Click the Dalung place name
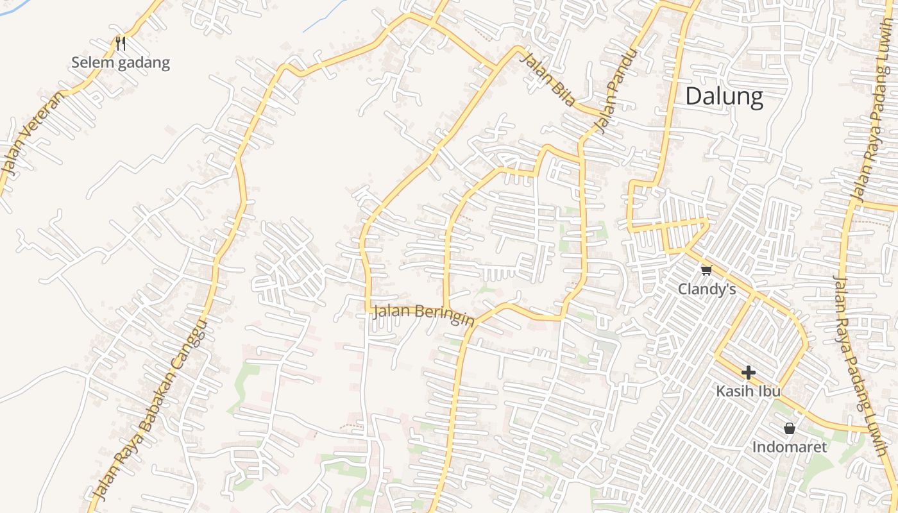pos(724,97)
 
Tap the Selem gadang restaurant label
pos(121,63)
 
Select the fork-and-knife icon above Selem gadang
pos(120,43)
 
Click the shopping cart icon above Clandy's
pos(706,270)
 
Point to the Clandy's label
pos(707,290)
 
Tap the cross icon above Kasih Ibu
pos(748,372)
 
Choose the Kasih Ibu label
pos(748,391)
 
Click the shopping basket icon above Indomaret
pos(790,428)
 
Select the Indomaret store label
pos(790,447)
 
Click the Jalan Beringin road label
pos(423,314)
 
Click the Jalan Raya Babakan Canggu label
pos(151,410)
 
